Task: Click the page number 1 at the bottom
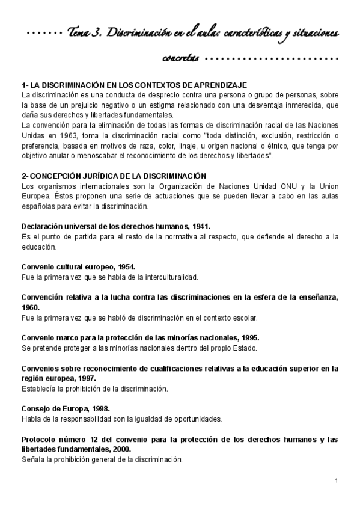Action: (x=337, y=481)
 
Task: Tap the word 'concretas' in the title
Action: (x=180, y=58)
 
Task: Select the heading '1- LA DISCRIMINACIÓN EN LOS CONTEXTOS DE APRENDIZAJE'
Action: (x=134, y=86)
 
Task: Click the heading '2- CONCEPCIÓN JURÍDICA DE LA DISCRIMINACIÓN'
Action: (x=114, y=176)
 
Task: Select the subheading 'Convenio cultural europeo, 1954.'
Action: (x=78, y=266)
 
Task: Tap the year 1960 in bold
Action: (x=31, y=307)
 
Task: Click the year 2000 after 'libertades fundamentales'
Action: (x=120, y=449)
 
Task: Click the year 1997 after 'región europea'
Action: (x=84, y=378)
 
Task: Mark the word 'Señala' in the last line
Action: (x=32, y=459)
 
